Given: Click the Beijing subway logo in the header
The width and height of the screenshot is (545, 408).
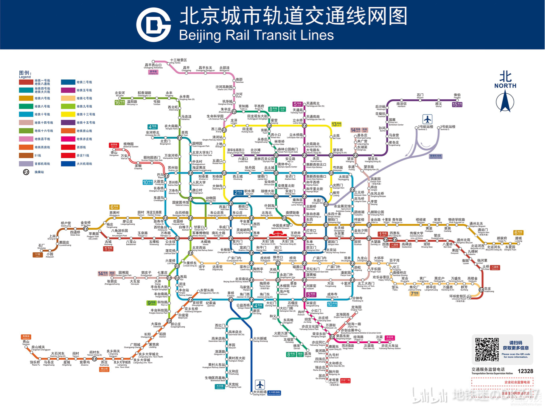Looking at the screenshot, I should (x=153, y=25).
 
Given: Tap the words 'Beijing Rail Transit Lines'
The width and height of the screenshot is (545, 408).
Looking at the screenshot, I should (x=256, y=35).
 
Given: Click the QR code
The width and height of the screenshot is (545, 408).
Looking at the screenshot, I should (x=487, y=349).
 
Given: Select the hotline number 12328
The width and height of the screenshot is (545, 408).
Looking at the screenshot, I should (x=525, y=371).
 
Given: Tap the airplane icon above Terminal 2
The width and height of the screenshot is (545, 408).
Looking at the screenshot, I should (x=427, y=119).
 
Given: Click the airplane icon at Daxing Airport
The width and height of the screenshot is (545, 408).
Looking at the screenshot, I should (x=260, y=385).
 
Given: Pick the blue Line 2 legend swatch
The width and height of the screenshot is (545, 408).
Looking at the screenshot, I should (x=68, y=82).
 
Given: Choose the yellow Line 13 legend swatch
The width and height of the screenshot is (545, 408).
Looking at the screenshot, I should (x=68, y=114).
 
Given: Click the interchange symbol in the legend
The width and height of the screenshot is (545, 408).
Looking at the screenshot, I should (x=26, y=172).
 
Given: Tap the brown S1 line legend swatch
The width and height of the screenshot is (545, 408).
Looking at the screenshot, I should (x=26, y=155).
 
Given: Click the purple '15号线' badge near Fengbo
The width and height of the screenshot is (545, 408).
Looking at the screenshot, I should (x=457, y=104).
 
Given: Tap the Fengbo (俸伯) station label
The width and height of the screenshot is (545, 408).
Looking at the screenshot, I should (x=457, y=96).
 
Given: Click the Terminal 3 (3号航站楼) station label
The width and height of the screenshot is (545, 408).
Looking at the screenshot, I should (x=447, y=127).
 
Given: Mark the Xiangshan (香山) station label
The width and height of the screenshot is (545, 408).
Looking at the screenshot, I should (x=114, y=153).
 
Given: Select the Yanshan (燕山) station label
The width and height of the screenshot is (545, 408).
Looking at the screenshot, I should (x=26, y=342).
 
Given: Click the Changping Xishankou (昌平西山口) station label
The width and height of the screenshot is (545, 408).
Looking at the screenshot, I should (x=153, y=65).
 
